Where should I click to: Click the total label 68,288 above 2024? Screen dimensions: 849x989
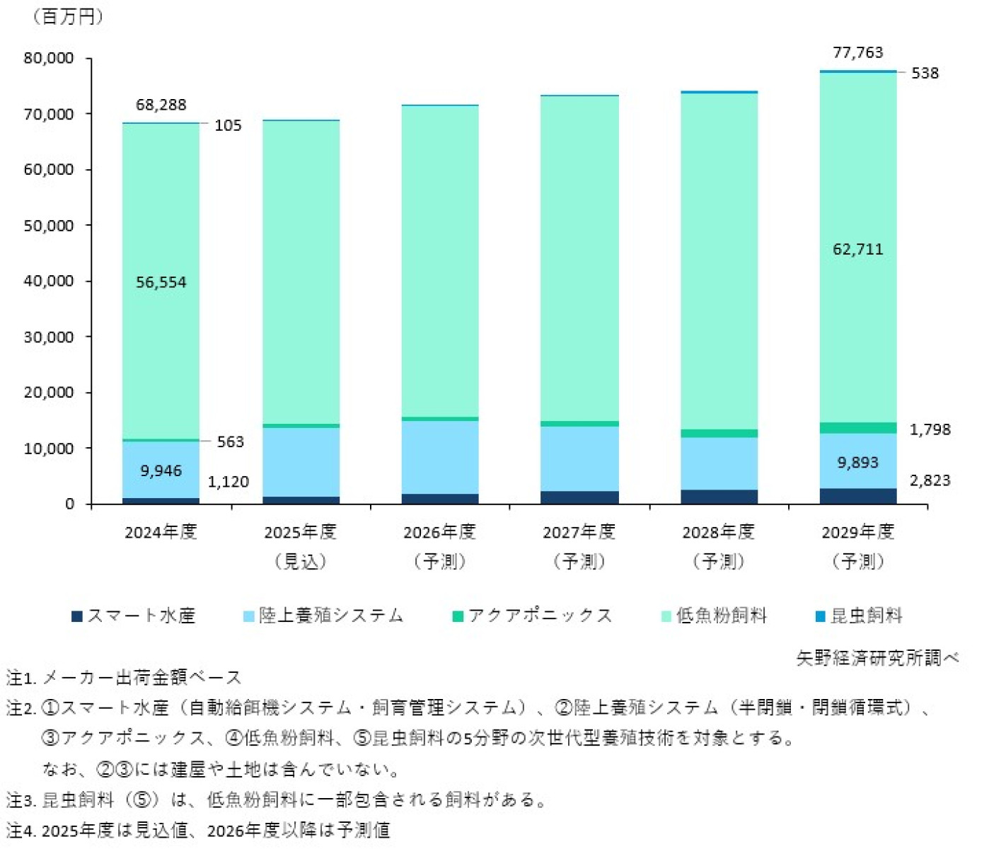click(161, 105)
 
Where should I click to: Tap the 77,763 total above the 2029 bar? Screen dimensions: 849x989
click(857, 52)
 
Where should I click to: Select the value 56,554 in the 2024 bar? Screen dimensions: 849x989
click(161, 282)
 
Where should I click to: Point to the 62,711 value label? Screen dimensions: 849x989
click(857, 249)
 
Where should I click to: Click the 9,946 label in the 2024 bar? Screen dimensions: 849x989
click(161, 470)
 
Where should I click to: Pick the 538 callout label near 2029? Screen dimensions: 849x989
click(925, 73)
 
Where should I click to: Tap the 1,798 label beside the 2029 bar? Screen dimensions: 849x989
click(930, 429)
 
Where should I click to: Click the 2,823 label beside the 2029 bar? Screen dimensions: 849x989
click(930, 480)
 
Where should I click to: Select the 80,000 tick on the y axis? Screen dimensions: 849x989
click(49, 58)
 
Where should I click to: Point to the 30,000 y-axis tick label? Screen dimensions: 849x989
click(49, 337)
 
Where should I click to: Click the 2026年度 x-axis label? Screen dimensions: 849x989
click(439, 532)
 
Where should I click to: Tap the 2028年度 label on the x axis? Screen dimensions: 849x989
click(718, 532)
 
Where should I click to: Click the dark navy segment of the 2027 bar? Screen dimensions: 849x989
click(579, 497)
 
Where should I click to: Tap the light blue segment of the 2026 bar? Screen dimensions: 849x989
click(440, 457)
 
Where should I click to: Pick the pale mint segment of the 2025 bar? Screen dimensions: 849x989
click(301, 272)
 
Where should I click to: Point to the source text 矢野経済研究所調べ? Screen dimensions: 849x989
click(877, 658)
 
